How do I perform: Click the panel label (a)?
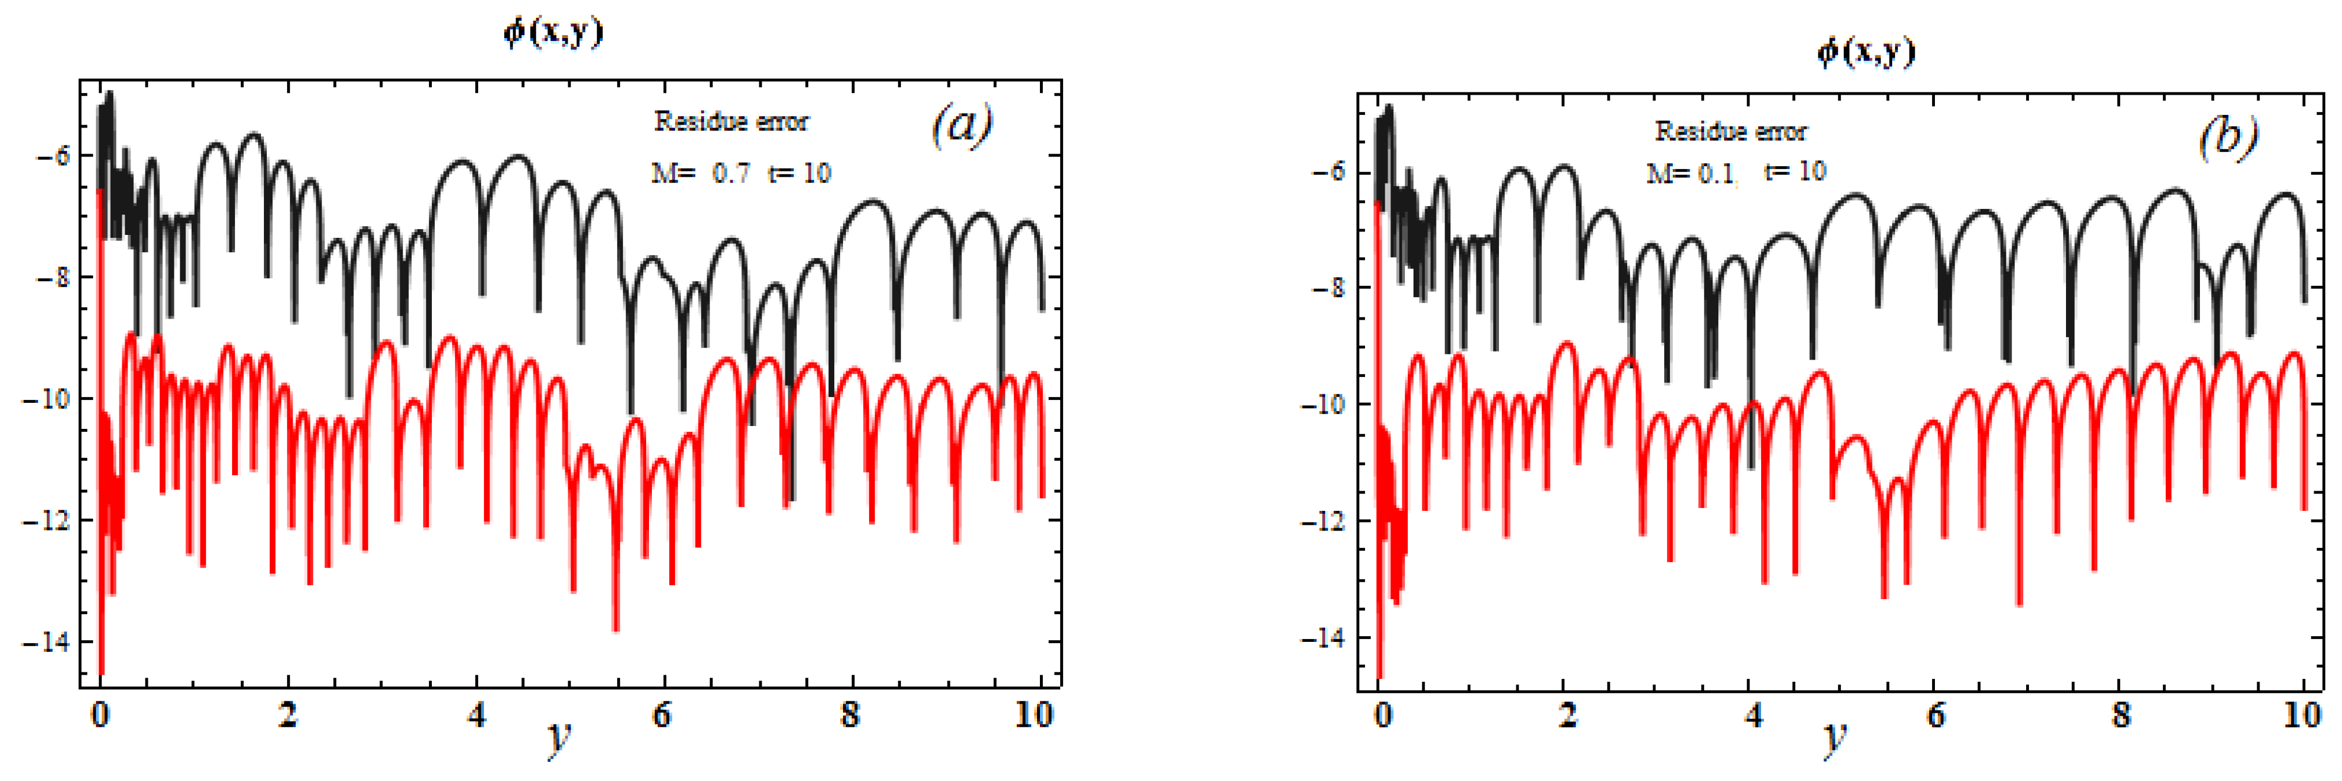[x=961, y=125]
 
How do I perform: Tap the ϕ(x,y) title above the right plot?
[x=1866, y=52]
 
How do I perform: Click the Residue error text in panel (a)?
[x=731, y=122]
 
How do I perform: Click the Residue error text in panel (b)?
[x=1730, y=132]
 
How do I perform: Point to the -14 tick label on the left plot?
[x=48, y=642]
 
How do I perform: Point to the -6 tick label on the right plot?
[x=1328, y=173]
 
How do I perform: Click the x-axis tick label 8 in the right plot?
[x=2120, y=716]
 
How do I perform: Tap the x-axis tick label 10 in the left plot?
[x=1034, y=716]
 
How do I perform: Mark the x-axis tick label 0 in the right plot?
[x=1383, y=716]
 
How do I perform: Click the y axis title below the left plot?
[x=558, y=739]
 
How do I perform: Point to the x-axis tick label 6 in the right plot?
[x=1935, y=716]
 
